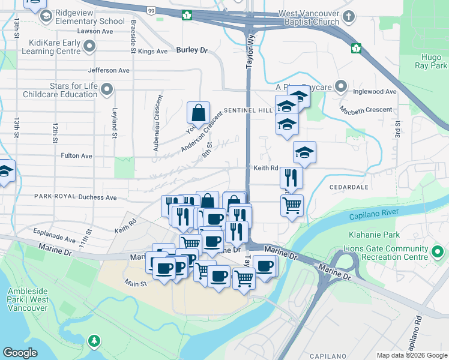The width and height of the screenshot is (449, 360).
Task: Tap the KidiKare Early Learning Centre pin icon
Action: pyautogui.click(x=90, y=46)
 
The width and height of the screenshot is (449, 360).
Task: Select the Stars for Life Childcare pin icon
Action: pyautogui.click(x=107, y=90)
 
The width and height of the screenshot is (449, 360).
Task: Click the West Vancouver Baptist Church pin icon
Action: pyautogui.click(x=350, y=18)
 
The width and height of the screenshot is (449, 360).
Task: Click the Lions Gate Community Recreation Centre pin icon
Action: pyautogui.click(x=438, y=252)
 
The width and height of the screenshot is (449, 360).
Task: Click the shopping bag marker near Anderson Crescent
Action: pyautogui.click(x=198, y=112)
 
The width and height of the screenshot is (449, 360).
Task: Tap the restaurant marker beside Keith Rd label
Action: pyautogui.click(x=291, y=178)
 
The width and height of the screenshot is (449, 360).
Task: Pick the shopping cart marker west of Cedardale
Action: pyautogui.click(x=292, y=205)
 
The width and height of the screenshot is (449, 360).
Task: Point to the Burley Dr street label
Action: pyautogui.click(x=192, y=51)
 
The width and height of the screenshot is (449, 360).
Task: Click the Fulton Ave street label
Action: pyautogui.click(x=76, y=155)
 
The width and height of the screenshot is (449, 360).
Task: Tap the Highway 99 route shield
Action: pyautogui.click(x=151, y=10)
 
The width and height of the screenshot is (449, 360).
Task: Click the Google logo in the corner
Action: pyautogui.click(x=20, y=353)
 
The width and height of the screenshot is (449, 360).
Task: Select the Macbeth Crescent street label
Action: pyautogui.click(x=366, y=110)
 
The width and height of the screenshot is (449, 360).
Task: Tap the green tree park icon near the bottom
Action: pyautogui.click(x=94, y=341)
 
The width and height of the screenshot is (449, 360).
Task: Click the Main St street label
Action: pyautogui.click(x=136, y=283)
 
